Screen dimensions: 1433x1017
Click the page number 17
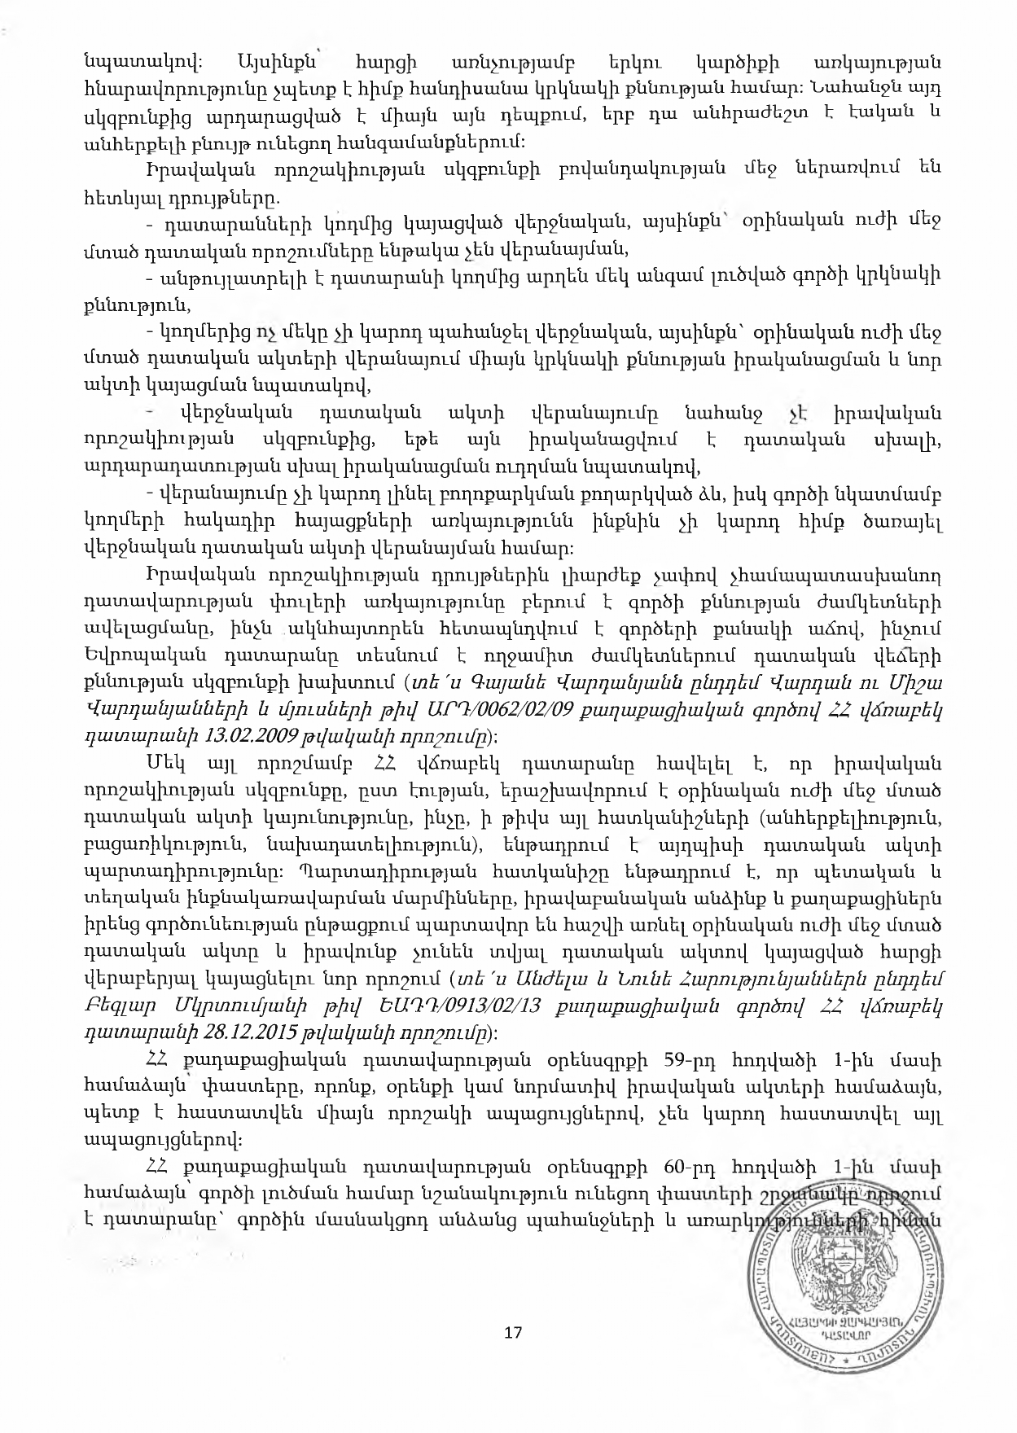(513, 1332)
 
